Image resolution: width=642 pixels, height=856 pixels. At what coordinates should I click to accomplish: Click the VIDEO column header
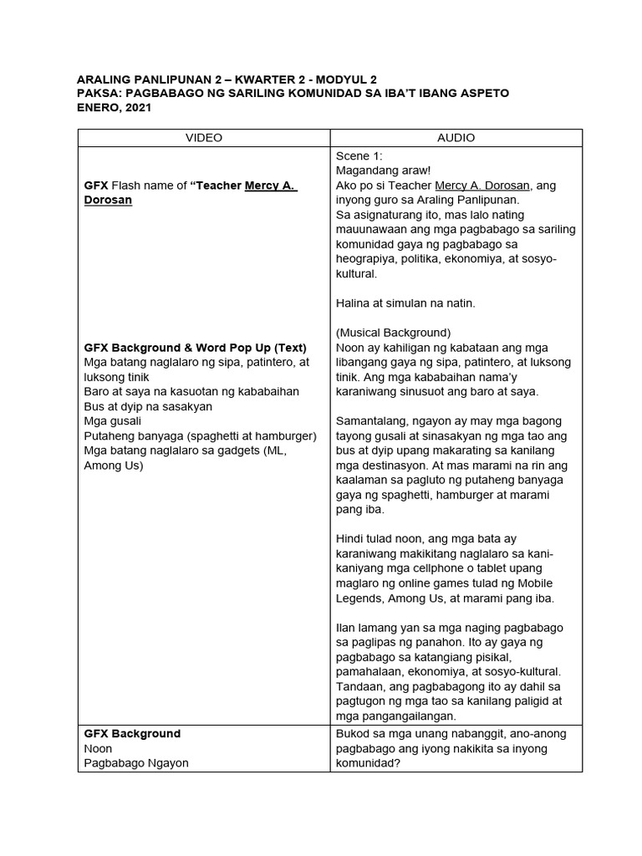point(203,138)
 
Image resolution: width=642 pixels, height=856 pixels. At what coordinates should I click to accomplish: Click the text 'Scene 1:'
point(359,155)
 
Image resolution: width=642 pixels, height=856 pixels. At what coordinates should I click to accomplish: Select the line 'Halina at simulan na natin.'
point(405,303)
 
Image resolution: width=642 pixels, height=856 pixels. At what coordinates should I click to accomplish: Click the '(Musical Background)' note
point(393,332)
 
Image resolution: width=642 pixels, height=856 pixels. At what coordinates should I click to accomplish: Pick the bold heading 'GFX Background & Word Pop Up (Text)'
point(196,347)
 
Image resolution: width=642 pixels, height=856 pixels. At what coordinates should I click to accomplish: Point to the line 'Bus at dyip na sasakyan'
point(148,406)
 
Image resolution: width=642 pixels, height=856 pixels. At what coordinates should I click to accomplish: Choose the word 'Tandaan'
point(361,686)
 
